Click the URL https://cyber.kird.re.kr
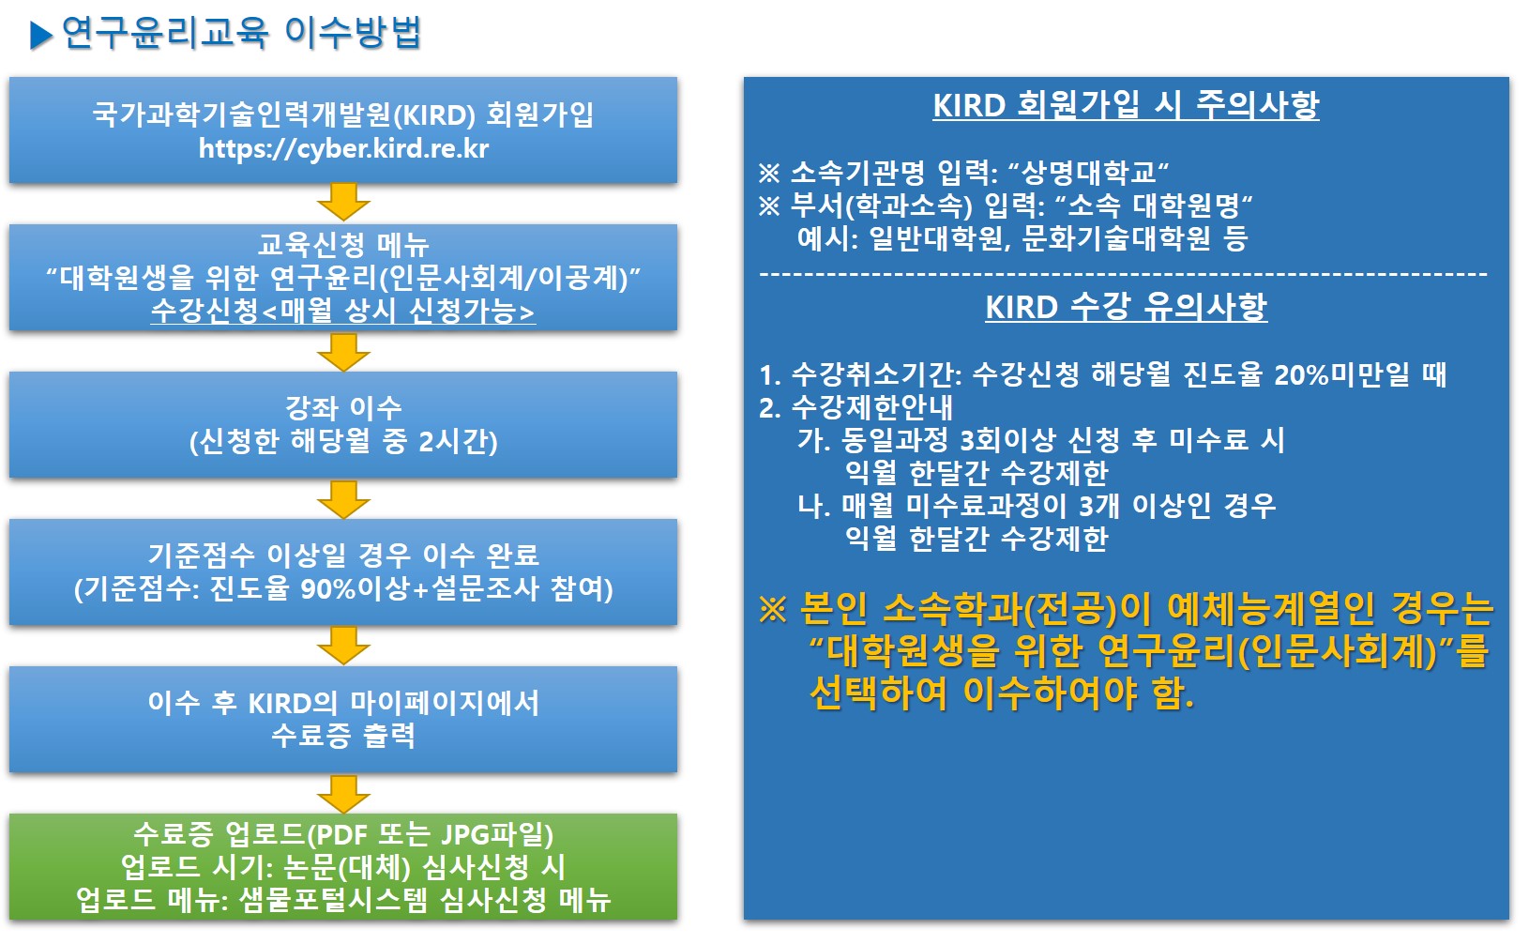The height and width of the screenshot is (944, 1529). point(343,148)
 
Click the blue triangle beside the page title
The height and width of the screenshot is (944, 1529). point(42,36)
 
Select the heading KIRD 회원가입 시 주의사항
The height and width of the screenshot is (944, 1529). point(1126,104)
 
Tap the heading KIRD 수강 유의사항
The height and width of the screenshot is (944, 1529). point(1126,307)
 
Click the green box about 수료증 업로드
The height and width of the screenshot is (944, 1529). point(343,867)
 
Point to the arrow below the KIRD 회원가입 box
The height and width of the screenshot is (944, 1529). point(343,202)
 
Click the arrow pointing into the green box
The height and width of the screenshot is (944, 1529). point(343,794)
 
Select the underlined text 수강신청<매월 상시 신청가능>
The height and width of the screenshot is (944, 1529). point(343,311)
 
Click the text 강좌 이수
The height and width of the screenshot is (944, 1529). point(343,408)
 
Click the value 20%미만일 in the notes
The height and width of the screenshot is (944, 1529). point(1341,375)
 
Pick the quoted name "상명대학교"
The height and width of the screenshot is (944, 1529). point(1088,173)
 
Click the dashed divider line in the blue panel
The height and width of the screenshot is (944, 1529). point(1123,274)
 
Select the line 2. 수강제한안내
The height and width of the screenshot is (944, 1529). point(855,407)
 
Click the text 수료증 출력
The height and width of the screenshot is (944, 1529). point(343,736)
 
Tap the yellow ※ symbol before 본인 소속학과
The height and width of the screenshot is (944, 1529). point(772,610)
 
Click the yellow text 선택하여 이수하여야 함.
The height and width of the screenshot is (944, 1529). point(1001,693)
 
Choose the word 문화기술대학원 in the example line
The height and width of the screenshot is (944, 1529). point(1115,238)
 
